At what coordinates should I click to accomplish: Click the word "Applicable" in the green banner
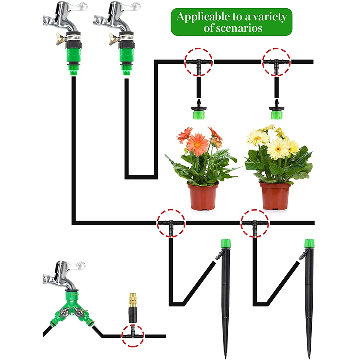coord(200,17)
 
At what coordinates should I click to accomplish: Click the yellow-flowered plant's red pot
coord(275,196)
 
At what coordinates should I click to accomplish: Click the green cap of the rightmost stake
coord(309,244)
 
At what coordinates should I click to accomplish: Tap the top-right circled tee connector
coord(276,63)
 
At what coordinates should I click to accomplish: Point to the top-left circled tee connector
coord(198,63)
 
